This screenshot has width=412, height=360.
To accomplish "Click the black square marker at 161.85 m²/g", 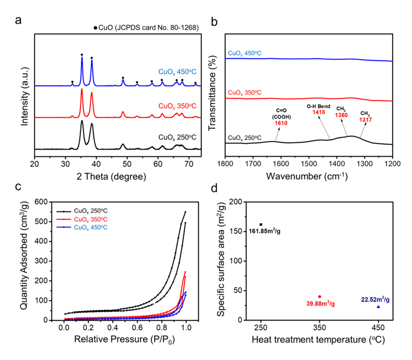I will coord(261,224).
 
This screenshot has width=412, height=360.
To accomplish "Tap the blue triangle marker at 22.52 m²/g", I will coord(378,306).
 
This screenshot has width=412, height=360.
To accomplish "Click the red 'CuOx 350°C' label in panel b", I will coord(244,92).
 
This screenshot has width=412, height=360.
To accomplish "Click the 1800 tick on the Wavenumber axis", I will coord(226,161).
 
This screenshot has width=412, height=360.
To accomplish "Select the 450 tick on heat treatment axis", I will coord(378,330).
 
